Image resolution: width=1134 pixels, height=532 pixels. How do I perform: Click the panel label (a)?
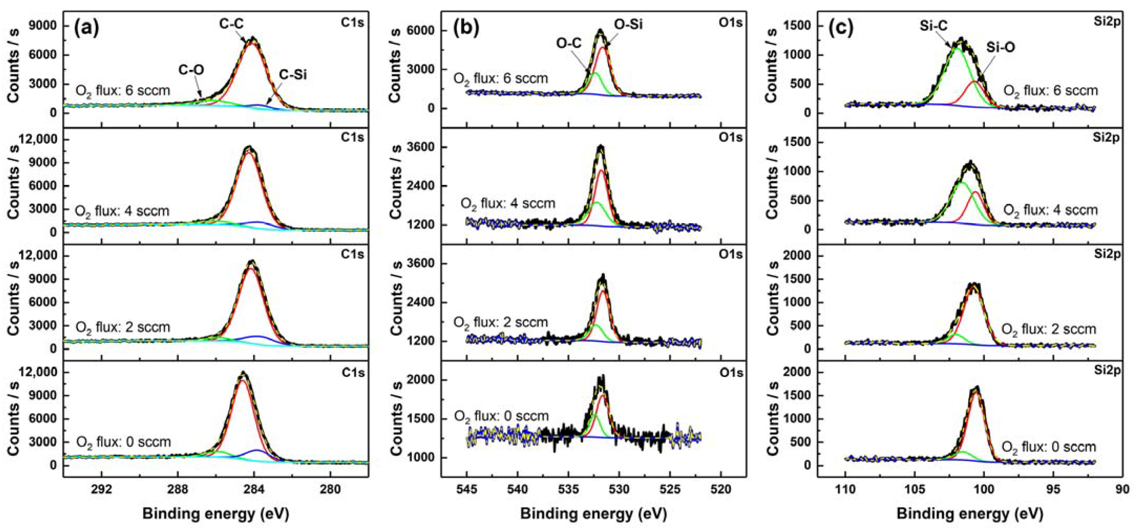point(87,28)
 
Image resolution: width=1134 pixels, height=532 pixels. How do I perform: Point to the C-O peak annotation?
point(191,70)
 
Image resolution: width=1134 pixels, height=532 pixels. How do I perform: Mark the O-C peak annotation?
point(569,43)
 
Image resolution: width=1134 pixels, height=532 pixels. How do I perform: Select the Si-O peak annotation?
point(1000,47)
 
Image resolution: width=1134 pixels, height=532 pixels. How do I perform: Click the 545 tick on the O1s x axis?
point(467,490)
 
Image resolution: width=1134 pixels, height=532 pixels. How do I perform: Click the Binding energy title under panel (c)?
point(970,514)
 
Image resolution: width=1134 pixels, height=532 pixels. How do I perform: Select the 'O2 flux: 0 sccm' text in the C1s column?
point(123,442)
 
